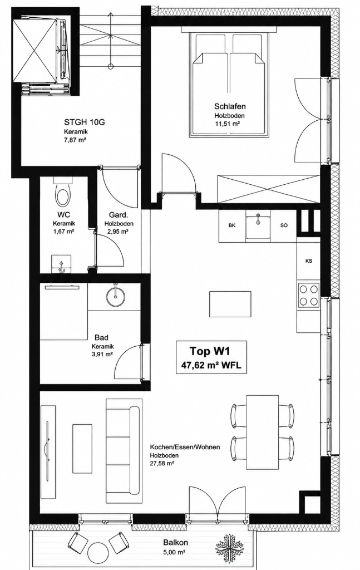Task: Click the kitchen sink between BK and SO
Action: pos(258,225)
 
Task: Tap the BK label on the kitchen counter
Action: pos(232,225)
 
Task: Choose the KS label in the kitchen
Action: pos(309,261)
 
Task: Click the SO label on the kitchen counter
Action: pos(284,225)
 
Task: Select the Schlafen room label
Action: pos(230,106)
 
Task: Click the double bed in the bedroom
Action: pos(229,85)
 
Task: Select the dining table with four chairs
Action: pos(262,432)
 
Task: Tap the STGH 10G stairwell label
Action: pos(84,122)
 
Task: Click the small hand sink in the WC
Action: pos(62,263)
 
